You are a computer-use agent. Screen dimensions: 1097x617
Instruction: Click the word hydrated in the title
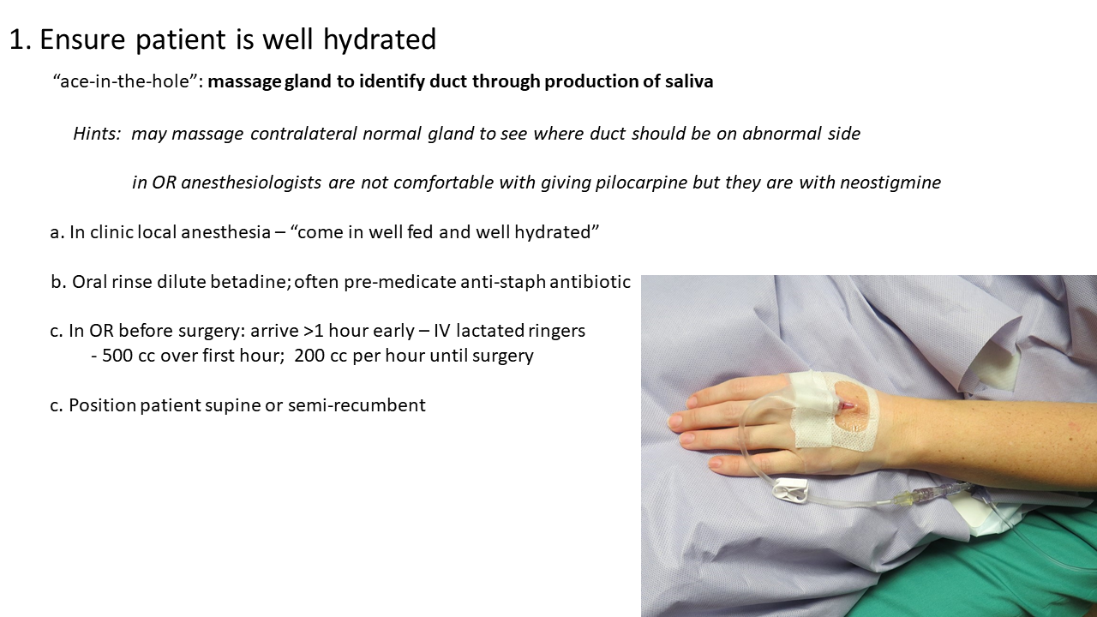(380, 39)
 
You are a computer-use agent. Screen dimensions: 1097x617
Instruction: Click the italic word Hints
(97, 133)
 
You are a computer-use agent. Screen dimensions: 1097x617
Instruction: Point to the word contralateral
(303, 133)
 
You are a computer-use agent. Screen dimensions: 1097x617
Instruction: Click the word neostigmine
(890, 183)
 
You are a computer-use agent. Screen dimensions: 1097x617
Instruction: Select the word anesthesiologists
(251, 183)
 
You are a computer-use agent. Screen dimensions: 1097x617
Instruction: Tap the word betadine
(251, 282)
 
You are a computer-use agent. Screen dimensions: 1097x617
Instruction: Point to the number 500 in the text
(117, 356)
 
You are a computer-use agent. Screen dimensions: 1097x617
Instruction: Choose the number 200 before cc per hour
(309, 356)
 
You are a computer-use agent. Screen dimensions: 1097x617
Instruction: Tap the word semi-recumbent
(357, 405)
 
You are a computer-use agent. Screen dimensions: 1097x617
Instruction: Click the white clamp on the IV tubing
(790, 490)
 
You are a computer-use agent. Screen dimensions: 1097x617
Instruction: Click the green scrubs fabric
(1004, 573)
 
